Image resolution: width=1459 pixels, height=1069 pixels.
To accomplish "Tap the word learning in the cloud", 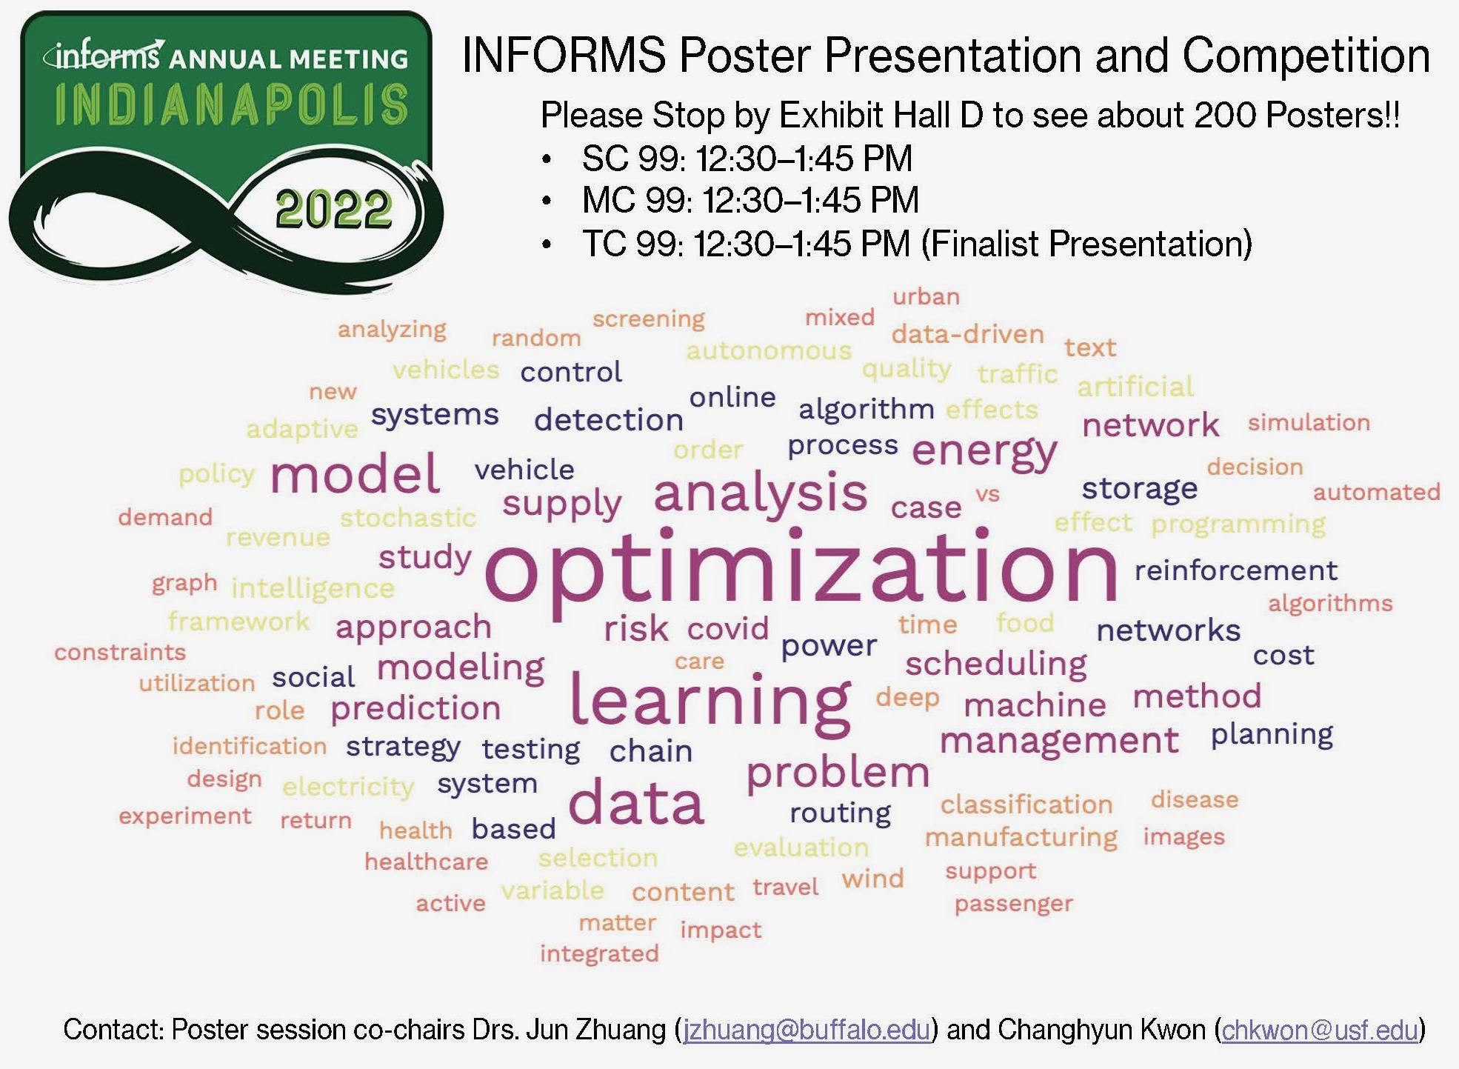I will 710,700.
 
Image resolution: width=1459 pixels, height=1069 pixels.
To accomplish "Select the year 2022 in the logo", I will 333,210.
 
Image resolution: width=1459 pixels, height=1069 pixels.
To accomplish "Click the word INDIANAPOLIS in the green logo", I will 231,105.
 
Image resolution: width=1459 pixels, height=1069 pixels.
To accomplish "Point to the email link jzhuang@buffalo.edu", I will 807,1030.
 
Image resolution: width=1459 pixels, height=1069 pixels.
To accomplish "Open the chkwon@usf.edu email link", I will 1320,1030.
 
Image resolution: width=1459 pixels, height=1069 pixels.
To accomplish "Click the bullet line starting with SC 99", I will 747,159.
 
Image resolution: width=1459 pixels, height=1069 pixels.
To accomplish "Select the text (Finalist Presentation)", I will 1086,244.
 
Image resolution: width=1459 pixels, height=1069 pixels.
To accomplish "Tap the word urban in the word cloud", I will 926,297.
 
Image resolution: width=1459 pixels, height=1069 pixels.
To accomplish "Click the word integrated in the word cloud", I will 599,953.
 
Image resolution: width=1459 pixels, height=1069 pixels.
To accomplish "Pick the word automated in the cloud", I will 1376,492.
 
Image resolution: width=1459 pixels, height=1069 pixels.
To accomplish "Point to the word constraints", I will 120,653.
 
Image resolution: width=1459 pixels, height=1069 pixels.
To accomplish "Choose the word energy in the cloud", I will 984,452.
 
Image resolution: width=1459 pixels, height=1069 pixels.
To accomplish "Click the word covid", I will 727,629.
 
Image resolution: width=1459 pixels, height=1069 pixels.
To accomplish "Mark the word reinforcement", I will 1235,570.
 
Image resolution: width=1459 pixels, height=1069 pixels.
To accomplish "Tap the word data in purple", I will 635,805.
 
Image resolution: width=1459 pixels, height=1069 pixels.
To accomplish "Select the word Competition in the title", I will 1306,56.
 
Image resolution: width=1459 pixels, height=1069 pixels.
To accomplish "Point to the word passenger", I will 1013,904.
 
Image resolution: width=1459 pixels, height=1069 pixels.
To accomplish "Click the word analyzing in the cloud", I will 392,330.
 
